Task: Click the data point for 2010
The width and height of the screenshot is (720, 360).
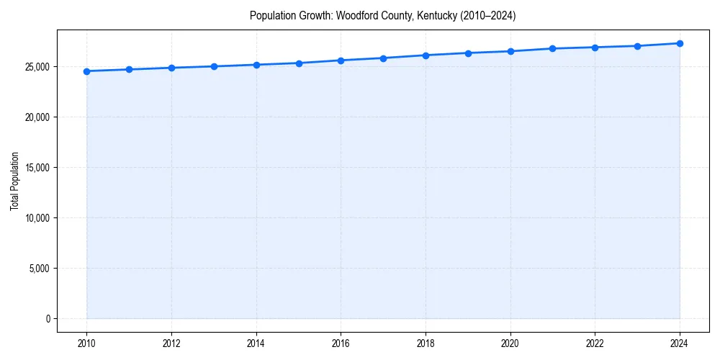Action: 86,71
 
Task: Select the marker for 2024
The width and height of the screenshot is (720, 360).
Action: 680,43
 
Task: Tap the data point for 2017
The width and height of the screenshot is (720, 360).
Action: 383,58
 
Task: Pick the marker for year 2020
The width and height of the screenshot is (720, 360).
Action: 510,51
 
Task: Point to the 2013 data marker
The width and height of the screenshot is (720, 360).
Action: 214,66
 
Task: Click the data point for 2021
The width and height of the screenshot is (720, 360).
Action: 552,48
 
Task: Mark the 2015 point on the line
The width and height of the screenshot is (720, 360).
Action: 299,63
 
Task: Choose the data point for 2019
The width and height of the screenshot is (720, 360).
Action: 468,53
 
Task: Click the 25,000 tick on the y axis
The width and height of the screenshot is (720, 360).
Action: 36,67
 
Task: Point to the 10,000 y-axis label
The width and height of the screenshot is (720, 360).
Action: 36,218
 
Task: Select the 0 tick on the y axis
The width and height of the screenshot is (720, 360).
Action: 47,319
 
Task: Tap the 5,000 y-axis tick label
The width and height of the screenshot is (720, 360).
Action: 38,269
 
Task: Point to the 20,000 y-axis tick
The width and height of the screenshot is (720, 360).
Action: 36,117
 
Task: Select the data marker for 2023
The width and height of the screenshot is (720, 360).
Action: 637,46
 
